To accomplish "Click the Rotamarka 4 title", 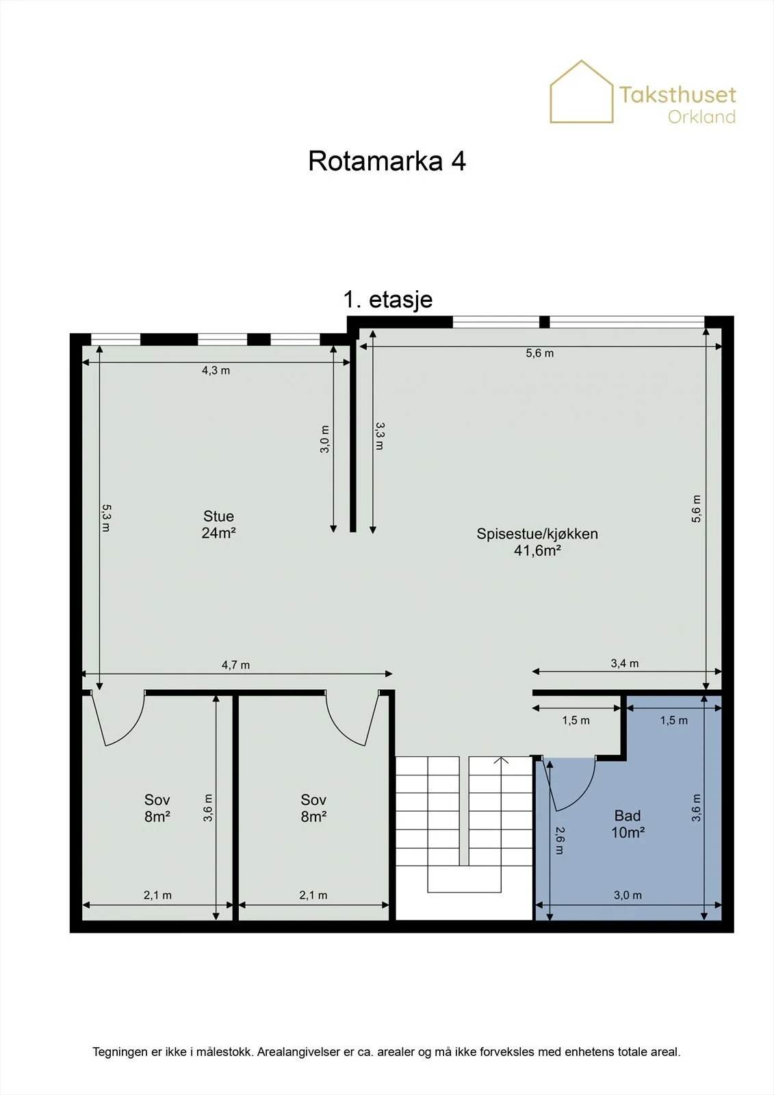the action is click(x=387, y=161).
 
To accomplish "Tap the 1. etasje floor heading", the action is click(x=388, y=299).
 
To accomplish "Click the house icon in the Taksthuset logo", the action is click(x=582, y=92).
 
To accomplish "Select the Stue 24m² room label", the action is click(x=218, y=524).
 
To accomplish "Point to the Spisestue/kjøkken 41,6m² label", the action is click(x=537, y=542).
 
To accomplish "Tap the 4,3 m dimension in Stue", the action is click(x=216, y=370).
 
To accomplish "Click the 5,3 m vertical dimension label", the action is click(x=106, y=517).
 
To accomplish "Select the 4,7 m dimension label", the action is click(x=235, y=665).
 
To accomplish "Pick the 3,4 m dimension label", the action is click(x=624, y=663).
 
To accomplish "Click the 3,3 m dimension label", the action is click(x=379, y=436).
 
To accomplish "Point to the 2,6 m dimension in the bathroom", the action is click(x=559, y=840).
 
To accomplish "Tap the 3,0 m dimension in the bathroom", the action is click(x=628, y=895).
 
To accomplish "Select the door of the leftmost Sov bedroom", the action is click(x=117, y=719).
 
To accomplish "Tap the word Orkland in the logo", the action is click(x=701, y=117).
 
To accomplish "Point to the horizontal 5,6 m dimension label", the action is click(x=540, y=353).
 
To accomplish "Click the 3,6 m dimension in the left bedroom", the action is click(x=208, y=808).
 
